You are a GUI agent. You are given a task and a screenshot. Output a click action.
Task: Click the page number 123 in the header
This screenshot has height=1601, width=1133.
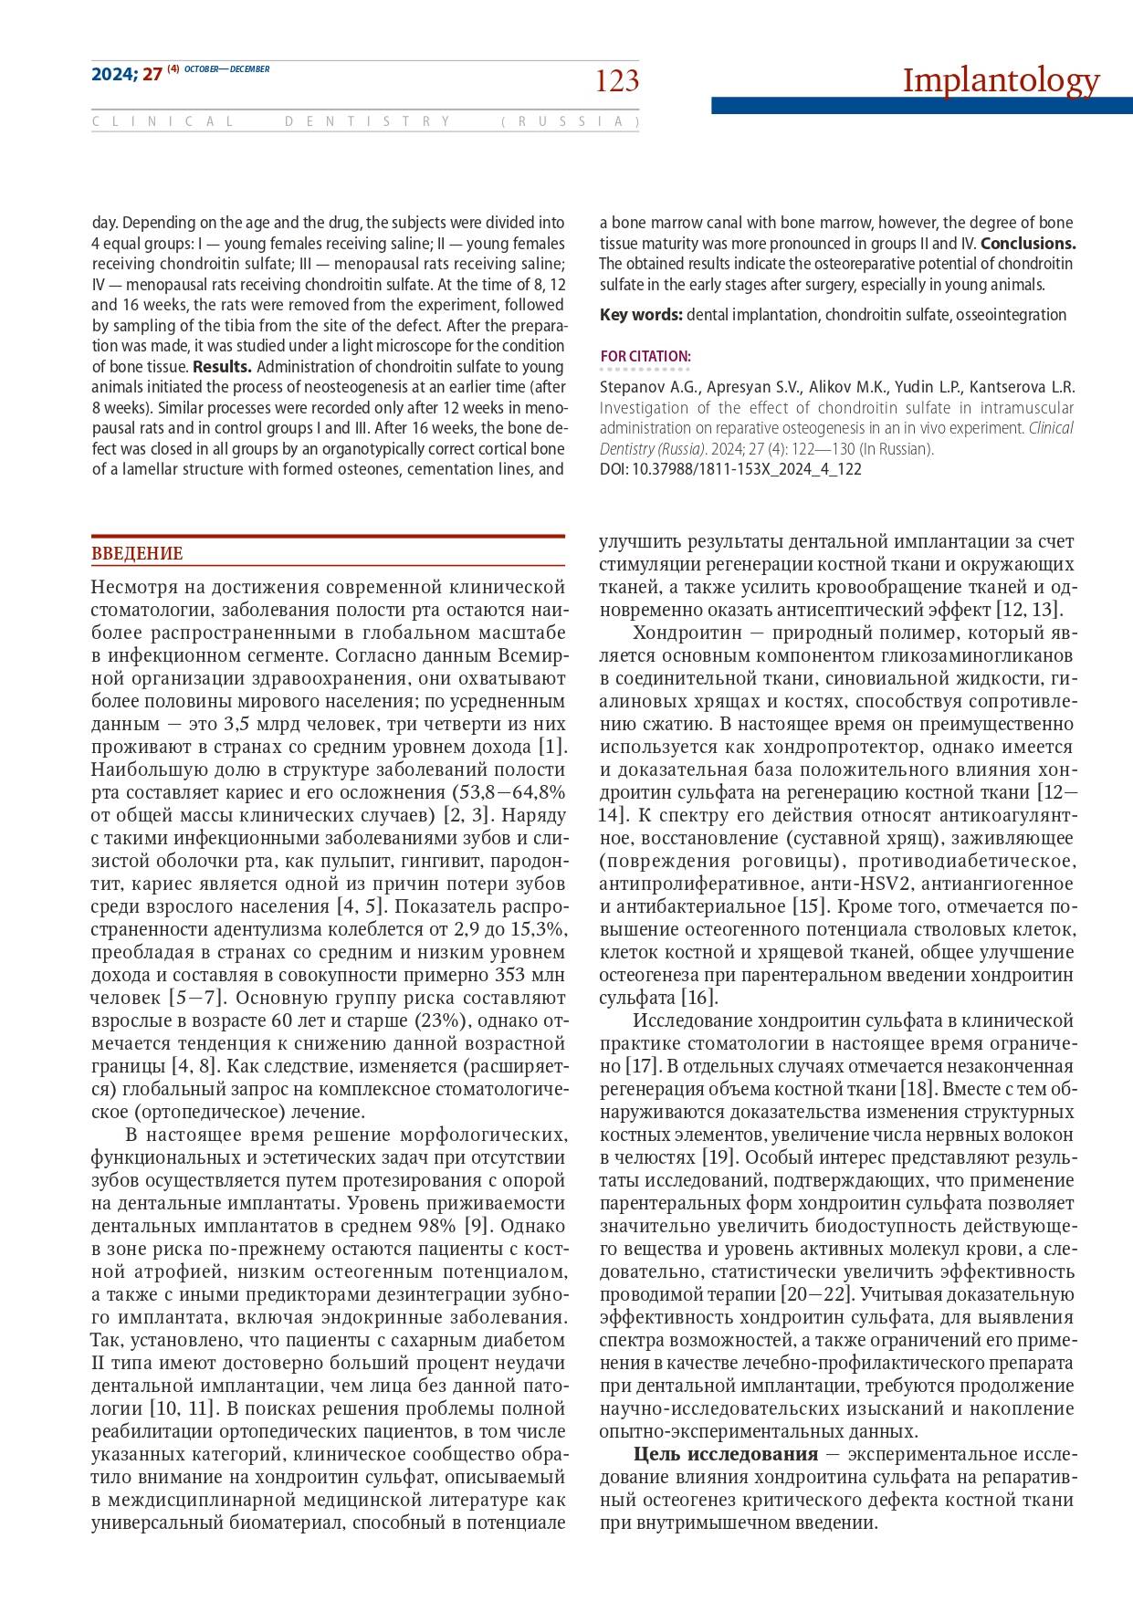[x=617, y=82]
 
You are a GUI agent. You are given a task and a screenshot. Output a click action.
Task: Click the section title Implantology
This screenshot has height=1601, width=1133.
[x=1001, y=80]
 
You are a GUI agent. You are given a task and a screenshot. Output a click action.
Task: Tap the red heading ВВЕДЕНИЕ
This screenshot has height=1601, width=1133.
[x=137, y=554]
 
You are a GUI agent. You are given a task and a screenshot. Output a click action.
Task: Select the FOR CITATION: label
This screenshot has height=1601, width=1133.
[x=645, y=356]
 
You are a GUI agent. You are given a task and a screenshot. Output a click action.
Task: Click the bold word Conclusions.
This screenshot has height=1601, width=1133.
[x=1028, y=244]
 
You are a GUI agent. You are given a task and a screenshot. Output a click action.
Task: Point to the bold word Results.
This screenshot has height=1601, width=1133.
[x=222, y=367]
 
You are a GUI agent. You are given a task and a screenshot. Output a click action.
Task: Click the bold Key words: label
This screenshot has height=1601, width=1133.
[x=641, y=315]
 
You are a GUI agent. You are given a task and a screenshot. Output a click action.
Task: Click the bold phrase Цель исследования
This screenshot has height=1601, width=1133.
[x=726, y=1454]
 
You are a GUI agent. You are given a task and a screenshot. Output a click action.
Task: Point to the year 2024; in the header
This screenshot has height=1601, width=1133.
[x=114, y=75]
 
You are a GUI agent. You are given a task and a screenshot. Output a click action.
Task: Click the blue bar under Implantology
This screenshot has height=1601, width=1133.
[x=921, y=106]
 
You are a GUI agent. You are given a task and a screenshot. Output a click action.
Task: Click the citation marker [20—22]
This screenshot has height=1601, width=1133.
[x=816, y=1294]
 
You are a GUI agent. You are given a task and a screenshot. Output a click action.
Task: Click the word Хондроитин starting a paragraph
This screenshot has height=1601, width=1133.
[x=691, y=633]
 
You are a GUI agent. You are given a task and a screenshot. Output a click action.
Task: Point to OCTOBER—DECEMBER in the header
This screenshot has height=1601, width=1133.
[x=227, y=69]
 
